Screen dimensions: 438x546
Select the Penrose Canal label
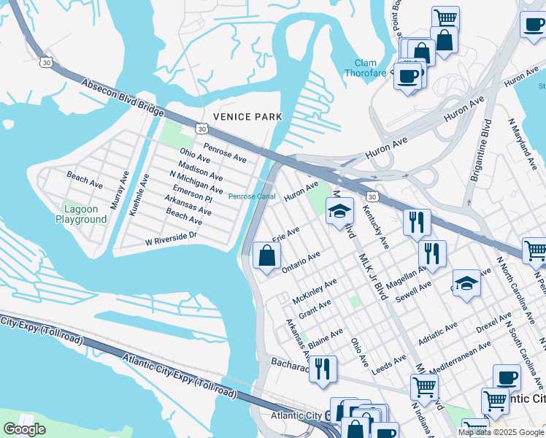pos(251,196)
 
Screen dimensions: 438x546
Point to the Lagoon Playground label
pos(81,214)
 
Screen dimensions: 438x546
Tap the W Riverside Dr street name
pos(172,238)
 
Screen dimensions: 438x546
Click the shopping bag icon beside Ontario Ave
pos(267,255)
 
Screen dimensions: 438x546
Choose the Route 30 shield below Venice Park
pos(201,129)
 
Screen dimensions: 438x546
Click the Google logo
pos(24,429)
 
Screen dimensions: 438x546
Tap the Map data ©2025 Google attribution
pos(501,432)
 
